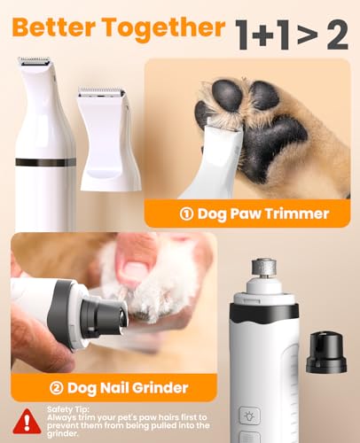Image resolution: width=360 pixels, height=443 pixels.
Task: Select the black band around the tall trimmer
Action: (45, 162)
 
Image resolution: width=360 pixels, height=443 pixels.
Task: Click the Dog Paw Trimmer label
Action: (262, 214)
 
